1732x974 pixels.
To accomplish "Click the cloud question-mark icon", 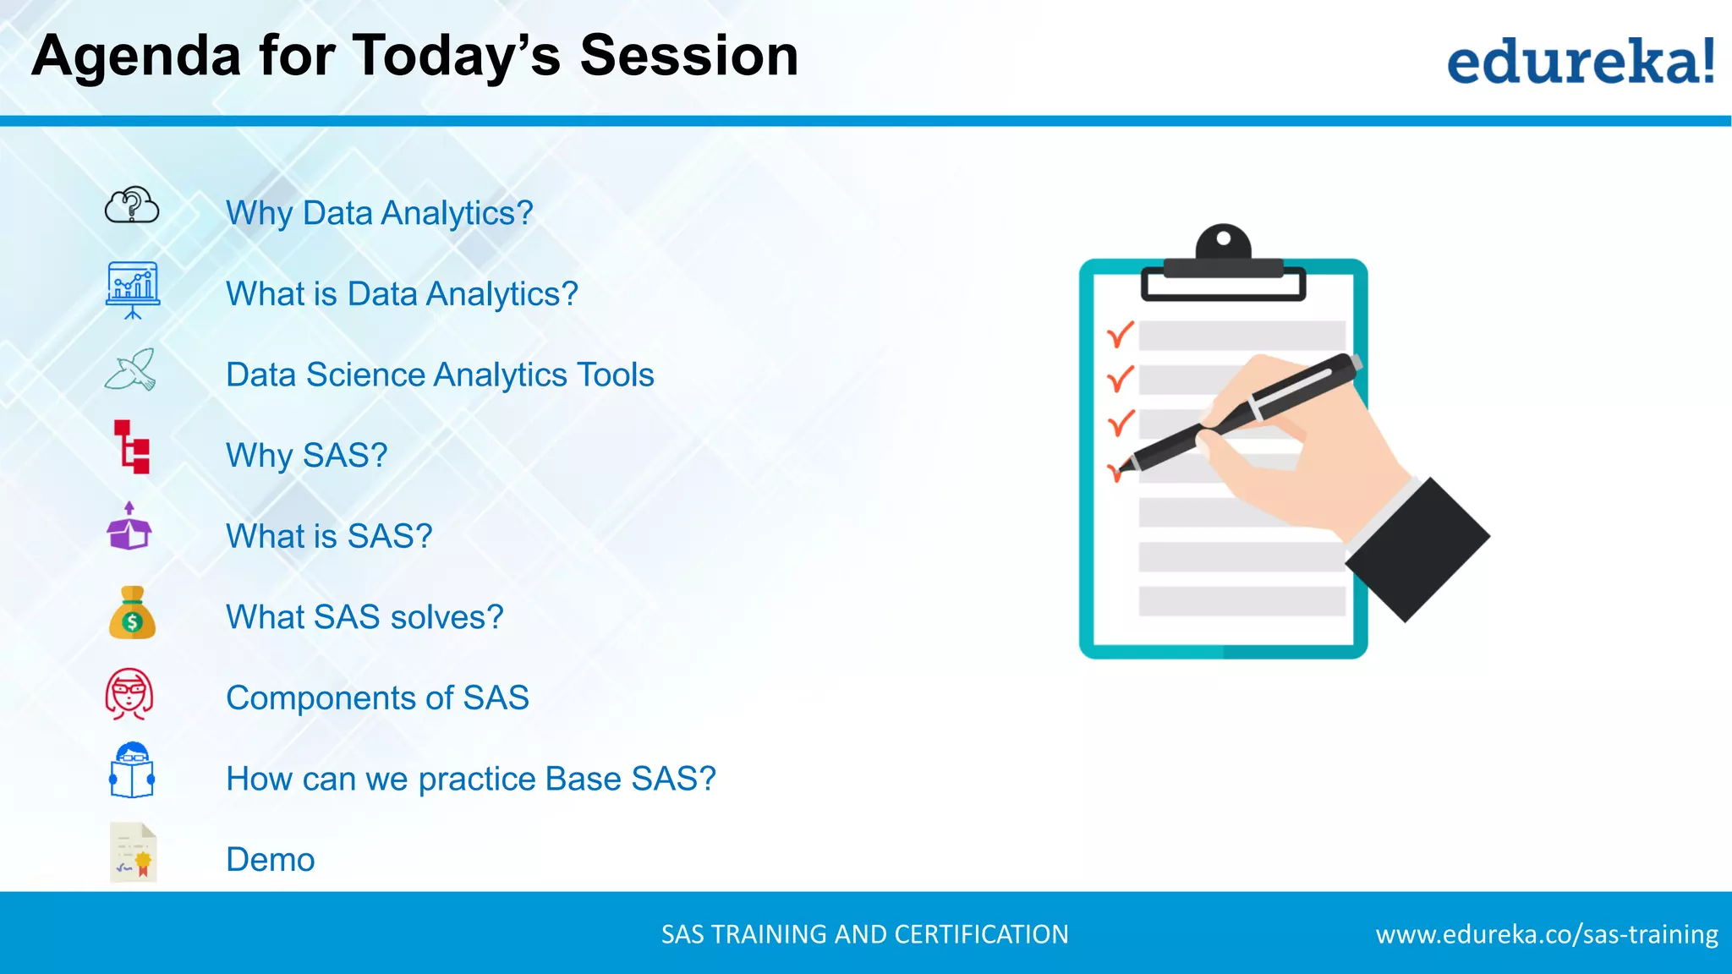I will click(x=132, y=205).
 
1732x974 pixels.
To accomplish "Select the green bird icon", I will click(x=132, y=370).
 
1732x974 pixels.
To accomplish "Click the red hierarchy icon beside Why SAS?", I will click(x=132, y=446).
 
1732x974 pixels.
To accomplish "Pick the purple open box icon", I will click(x=129, y=528).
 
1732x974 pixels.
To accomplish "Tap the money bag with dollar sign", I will click(x=132, y=614).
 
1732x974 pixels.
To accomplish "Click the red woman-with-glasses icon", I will click(x=129, y=694).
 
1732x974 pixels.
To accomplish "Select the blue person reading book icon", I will click(x=132, y=771).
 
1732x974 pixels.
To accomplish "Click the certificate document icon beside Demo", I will click(x=134, y=852).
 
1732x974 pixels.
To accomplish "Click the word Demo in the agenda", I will click(x=271, y=860).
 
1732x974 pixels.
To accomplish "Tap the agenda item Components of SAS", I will click(x=377, y=698).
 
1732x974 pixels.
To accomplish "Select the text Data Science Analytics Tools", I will click(x=440, y=375).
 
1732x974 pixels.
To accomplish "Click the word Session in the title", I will click(x=688, y=56).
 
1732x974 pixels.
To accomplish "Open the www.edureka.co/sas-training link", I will click(x=1546, y=934).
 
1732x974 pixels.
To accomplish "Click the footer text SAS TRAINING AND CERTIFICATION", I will click(x=864, y=934).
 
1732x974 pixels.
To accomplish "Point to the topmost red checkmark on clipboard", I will click(x=1121, y=335).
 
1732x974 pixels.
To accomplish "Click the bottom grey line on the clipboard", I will click(x=1241, y=601).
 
